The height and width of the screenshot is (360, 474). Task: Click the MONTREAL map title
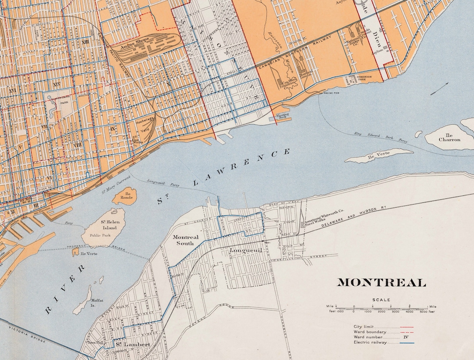coord(381,283)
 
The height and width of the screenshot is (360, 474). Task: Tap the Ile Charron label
coord(450,137)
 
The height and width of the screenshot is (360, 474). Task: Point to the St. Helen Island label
coord(109,225)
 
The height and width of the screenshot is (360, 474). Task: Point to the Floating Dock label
coord(281,116)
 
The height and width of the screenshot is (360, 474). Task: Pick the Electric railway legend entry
coord(370,342)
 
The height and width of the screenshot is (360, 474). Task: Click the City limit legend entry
coord(365,327)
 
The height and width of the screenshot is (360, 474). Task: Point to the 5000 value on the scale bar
coord(423,312)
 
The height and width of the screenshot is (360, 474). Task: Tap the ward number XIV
coord(56,84)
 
